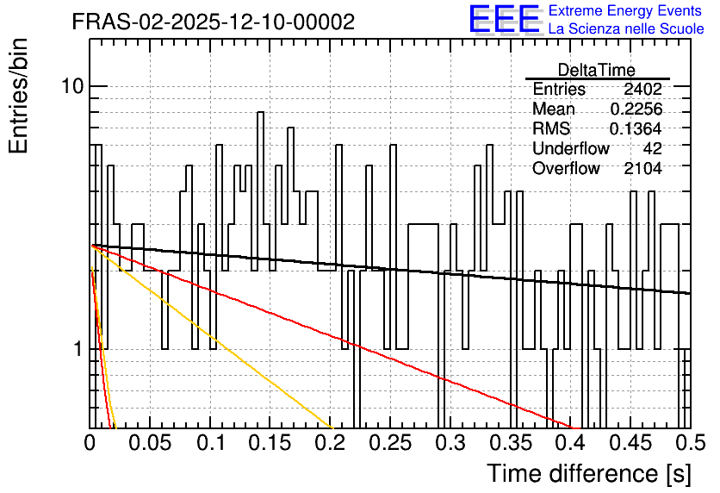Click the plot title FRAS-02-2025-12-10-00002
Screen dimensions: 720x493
[214, 22]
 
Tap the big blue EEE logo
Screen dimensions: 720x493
[505, 20]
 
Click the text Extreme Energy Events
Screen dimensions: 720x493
[625, 10]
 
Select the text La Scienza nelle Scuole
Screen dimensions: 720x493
[626, 28]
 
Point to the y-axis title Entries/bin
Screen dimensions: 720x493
[18, 96]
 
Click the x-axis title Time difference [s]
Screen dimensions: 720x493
[589, 473]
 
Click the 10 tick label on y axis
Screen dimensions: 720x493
[72, 86]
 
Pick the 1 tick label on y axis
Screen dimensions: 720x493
[78, 349]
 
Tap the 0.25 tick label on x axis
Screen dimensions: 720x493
[390, 443]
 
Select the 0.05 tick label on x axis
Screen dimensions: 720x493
[150, 443]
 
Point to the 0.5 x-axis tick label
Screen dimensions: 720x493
[690, 443]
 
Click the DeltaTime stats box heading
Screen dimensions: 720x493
[597, 70]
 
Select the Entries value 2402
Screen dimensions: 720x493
[642, 89]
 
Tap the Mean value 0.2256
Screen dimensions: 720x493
[636, 109]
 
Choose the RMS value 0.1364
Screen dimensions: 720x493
[636, 128]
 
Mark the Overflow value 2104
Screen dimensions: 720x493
[642, 169]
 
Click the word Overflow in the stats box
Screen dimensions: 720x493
[566, 169]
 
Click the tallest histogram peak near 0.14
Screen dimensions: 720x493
[260, 112]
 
